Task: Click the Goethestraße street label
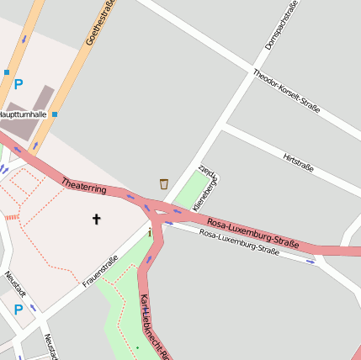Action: point(100,24)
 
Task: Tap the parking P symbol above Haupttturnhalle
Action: point(19,84)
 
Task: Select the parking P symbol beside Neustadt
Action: point(18,310)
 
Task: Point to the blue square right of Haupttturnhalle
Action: point(55,114)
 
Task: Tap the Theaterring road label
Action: point(84,184)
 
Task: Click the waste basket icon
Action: point(163,183)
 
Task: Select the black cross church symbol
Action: point(96,220)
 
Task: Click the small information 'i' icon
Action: point(150,232)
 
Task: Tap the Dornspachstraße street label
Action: point(281,25)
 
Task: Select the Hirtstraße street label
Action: point(299,161)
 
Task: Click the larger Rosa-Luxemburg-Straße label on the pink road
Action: point(253,233)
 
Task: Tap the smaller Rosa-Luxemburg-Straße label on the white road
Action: point(240,242)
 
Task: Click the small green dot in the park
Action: point(137,347)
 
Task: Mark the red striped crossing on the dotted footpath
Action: point(11,217)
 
